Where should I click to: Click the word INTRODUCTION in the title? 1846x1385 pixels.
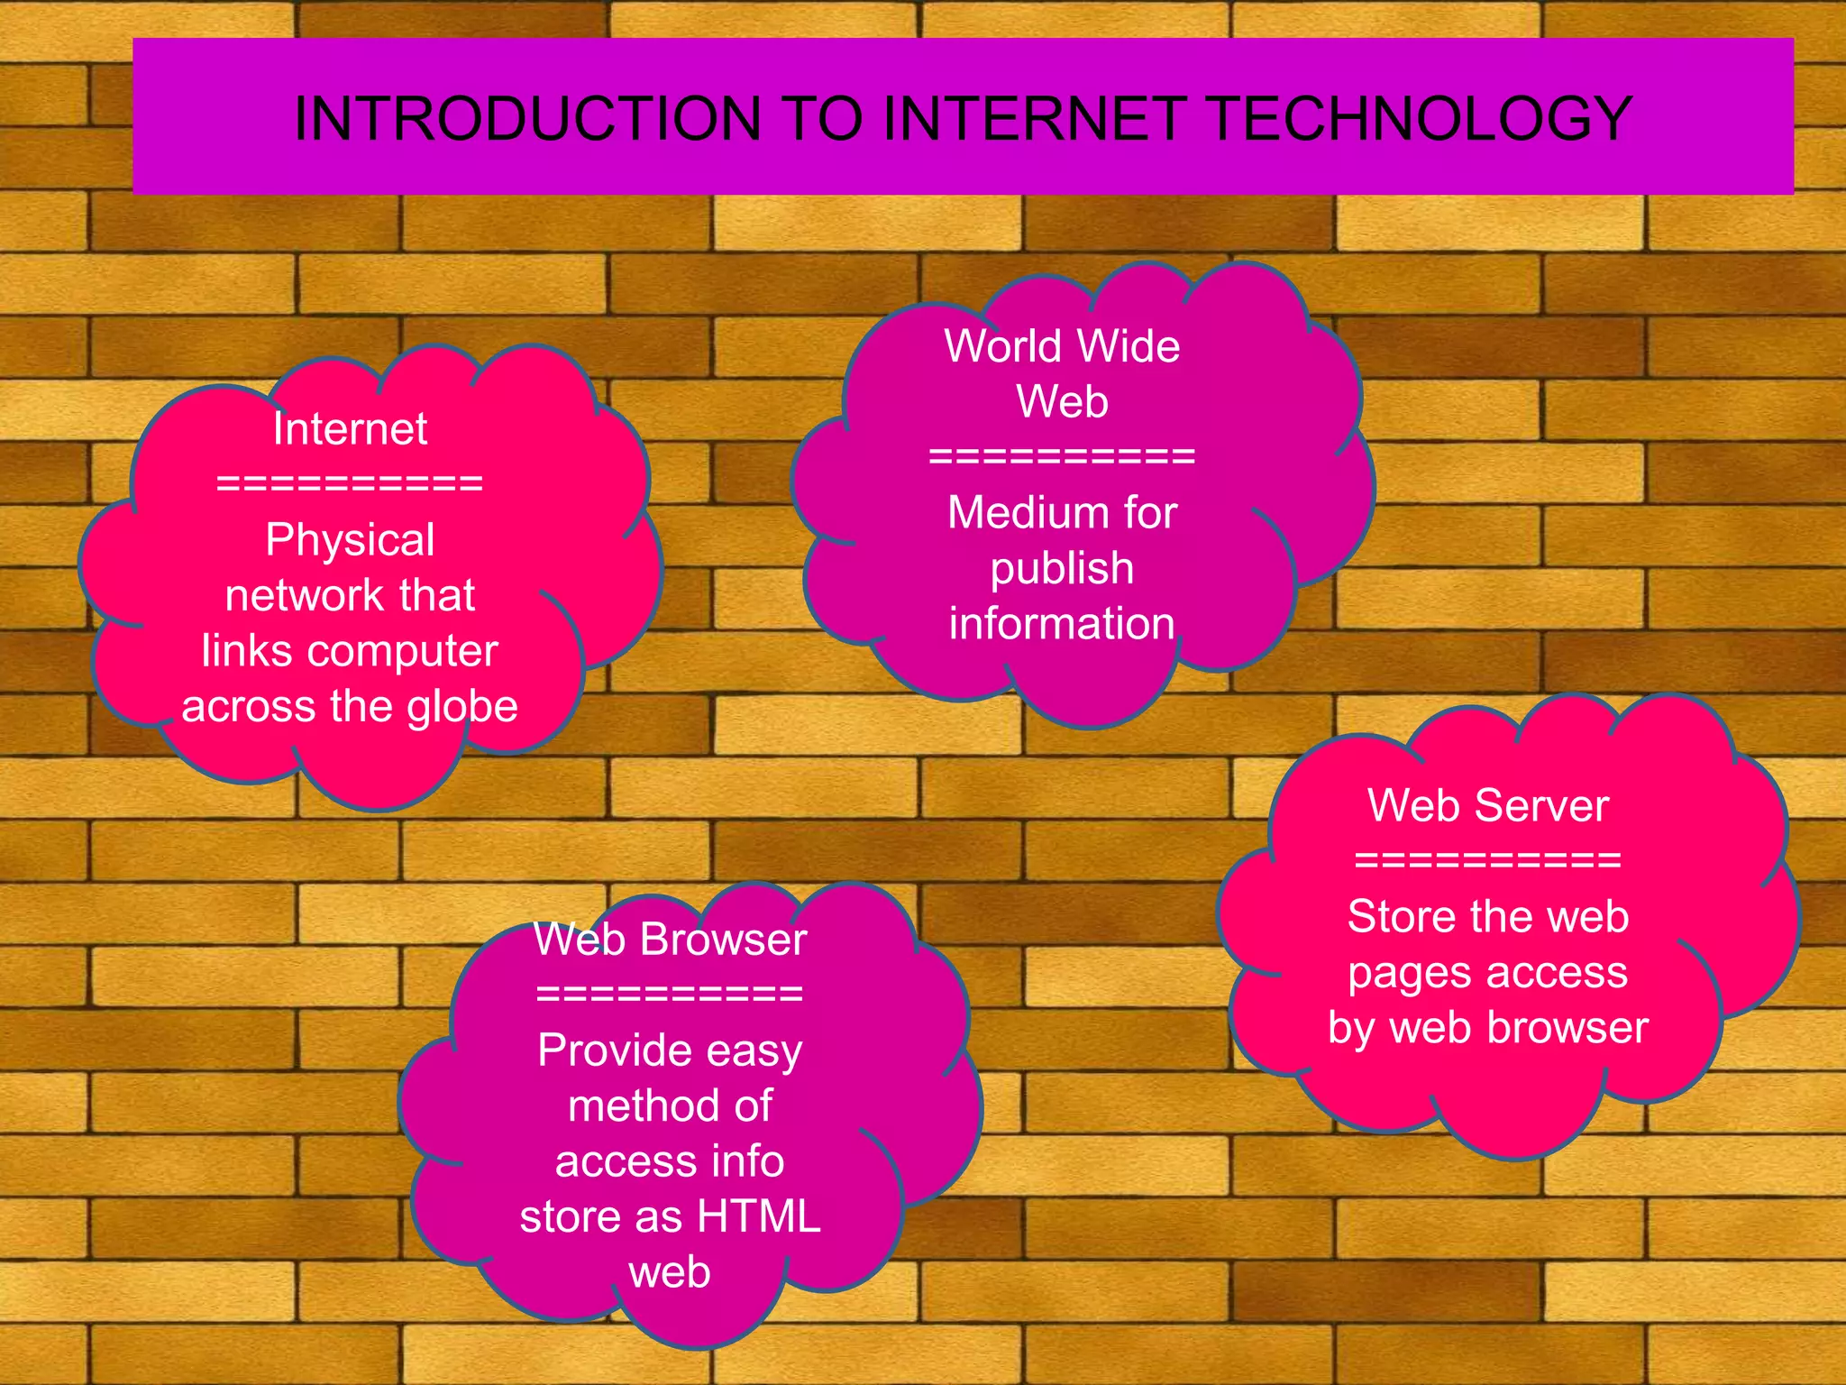click(528, 119)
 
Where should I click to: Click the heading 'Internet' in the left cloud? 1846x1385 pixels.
click(350, 429)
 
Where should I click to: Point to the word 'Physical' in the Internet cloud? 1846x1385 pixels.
click(350, 541)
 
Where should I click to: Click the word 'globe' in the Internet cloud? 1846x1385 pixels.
click(461, 707)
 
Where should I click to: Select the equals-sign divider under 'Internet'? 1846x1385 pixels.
click(350, 484)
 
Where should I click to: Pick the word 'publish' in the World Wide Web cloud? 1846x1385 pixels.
click(1062, 569)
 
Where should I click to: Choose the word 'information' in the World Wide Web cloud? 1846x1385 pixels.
click(1062, 624)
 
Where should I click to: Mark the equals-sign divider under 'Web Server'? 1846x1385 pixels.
click(1488, 860)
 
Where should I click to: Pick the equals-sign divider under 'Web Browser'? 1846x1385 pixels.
click(670, 995)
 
